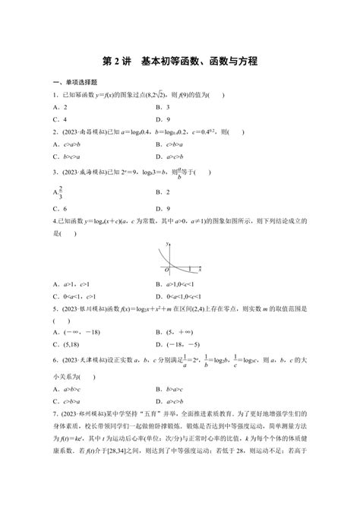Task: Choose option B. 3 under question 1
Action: (162, 107)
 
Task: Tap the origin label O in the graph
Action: (165, 270)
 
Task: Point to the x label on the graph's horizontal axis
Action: (199, 269)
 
